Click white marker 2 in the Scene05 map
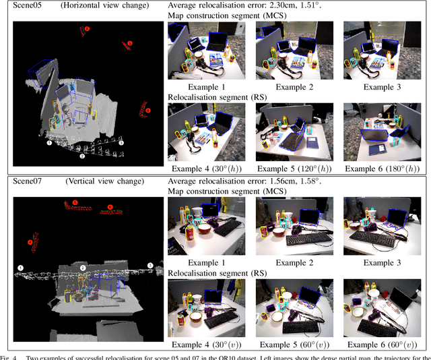[x=81, y=156]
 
